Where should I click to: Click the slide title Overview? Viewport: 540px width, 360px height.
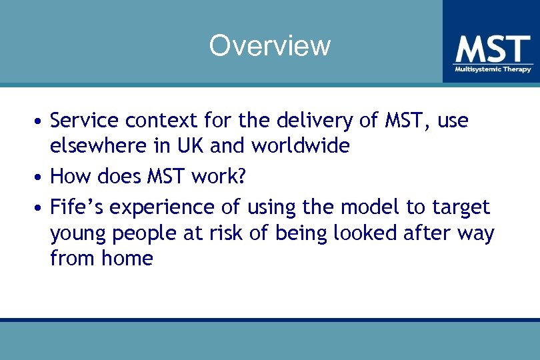tap(269, 45)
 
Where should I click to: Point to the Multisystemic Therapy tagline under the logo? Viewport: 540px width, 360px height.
tap(493, 69)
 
